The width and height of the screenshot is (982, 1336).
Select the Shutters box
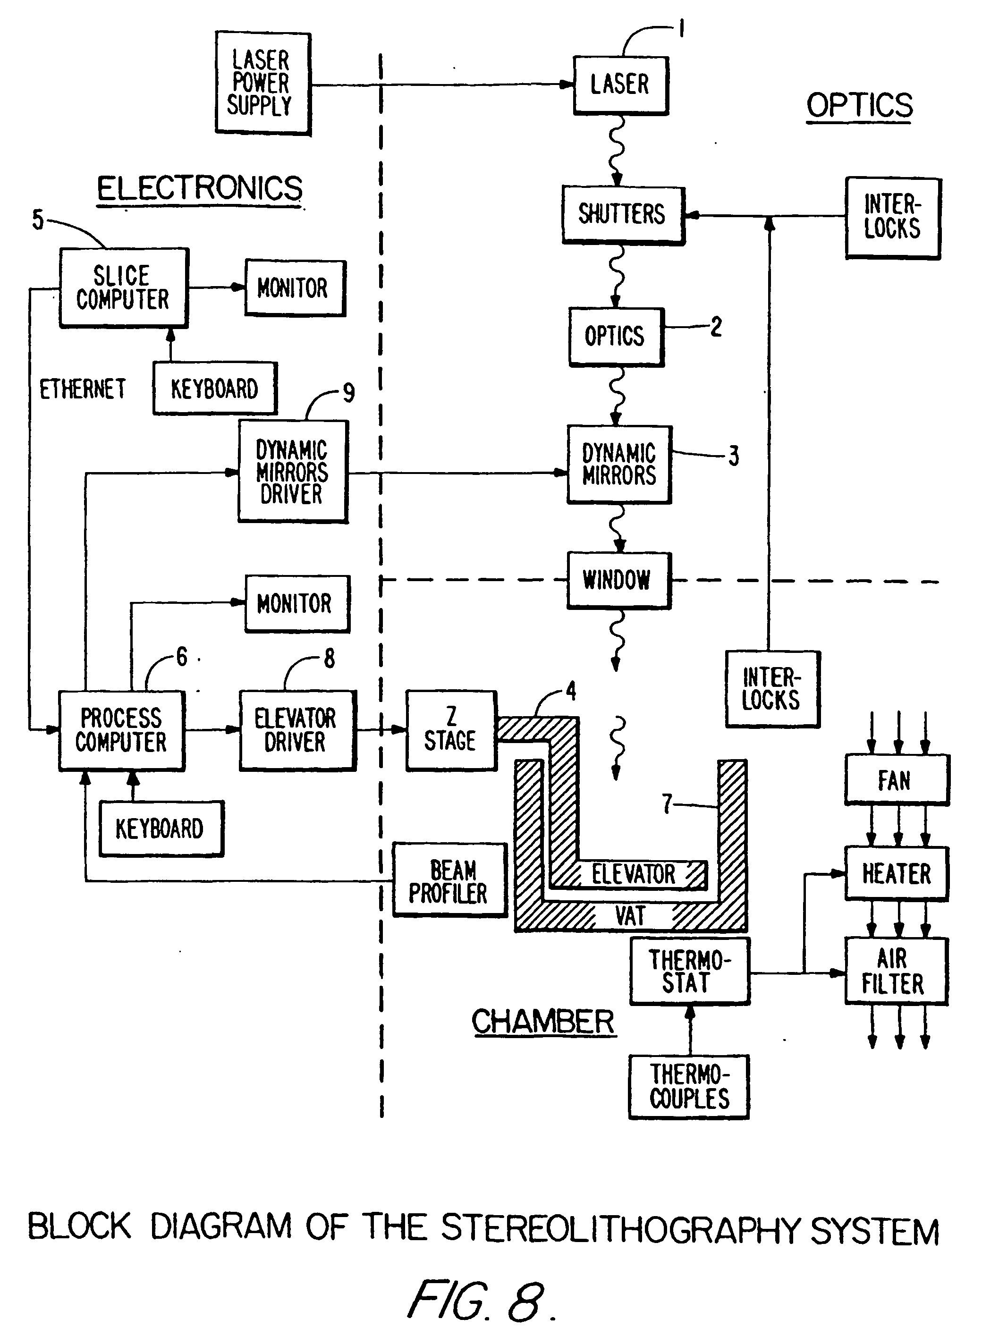pos(623,215)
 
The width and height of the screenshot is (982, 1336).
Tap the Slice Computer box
pos(124,287)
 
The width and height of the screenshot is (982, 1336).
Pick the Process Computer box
pos(122,730)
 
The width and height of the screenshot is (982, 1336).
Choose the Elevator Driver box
pos(297,730)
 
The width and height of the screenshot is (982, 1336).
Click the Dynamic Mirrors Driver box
pos(293,471)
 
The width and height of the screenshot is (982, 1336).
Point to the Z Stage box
pos(451,730)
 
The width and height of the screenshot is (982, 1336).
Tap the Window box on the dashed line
pos(618,580)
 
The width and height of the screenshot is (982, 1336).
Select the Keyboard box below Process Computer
pos(161,829)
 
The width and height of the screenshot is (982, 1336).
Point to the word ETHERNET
pos(83,389)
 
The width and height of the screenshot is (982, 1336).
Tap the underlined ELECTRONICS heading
pos(200,189)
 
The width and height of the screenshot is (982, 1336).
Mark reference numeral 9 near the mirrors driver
pos(349,393)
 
